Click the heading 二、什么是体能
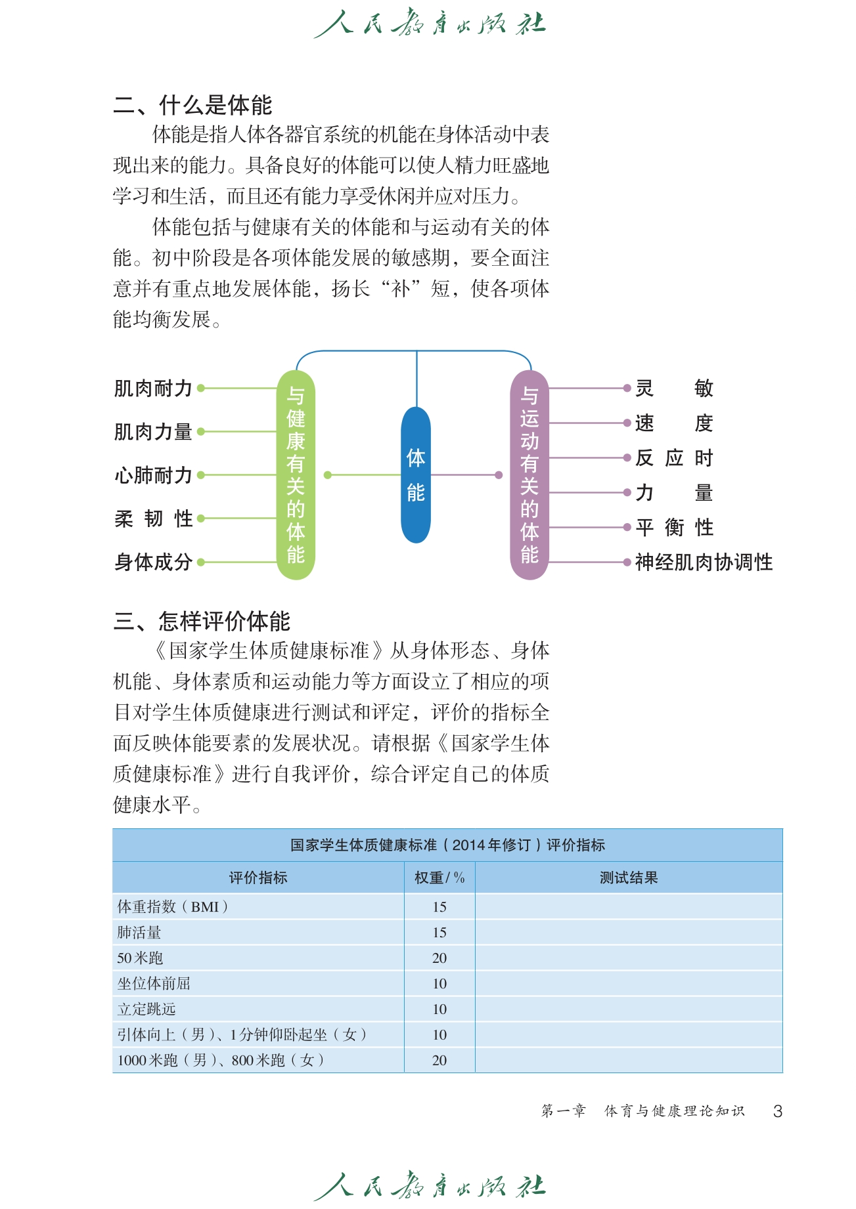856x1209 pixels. pos(192,105)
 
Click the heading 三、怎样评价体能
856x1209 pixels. pos(202,621)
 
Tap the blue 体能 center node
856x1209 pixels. pos(416,475)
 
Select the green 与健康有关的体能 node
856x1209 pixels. pos(296,475)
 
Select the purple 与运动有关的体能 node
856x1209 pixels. pos(529,475)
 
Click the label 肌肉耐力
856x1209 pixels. pos(153,389)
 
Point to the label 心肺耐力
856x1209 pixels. pos(153,475)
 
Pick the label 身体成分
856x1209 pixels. pos(153,562)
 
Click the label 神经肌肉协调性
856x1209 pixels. pos(704,562)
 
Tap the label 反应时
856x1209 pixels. pos(674,458)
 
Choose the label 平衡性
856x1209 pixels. pos(674,527)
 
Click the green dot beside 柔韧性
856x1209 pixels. pos(201,519)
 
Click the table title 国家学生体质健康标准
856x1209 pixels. pos(447,845)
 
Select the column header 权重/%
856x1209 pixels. pos(439,878)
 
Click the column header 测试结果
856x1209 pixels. pos(629,878)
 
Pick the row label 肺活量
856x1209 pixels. pos(139,932)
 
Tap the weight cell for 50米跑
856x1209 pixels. pos(439,958)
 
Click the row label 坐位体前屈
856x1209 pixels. pos(154,983)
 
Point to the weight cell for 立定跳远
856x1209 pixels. pos(439,1009)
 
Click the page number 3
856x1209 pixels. pos(778,1111)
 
